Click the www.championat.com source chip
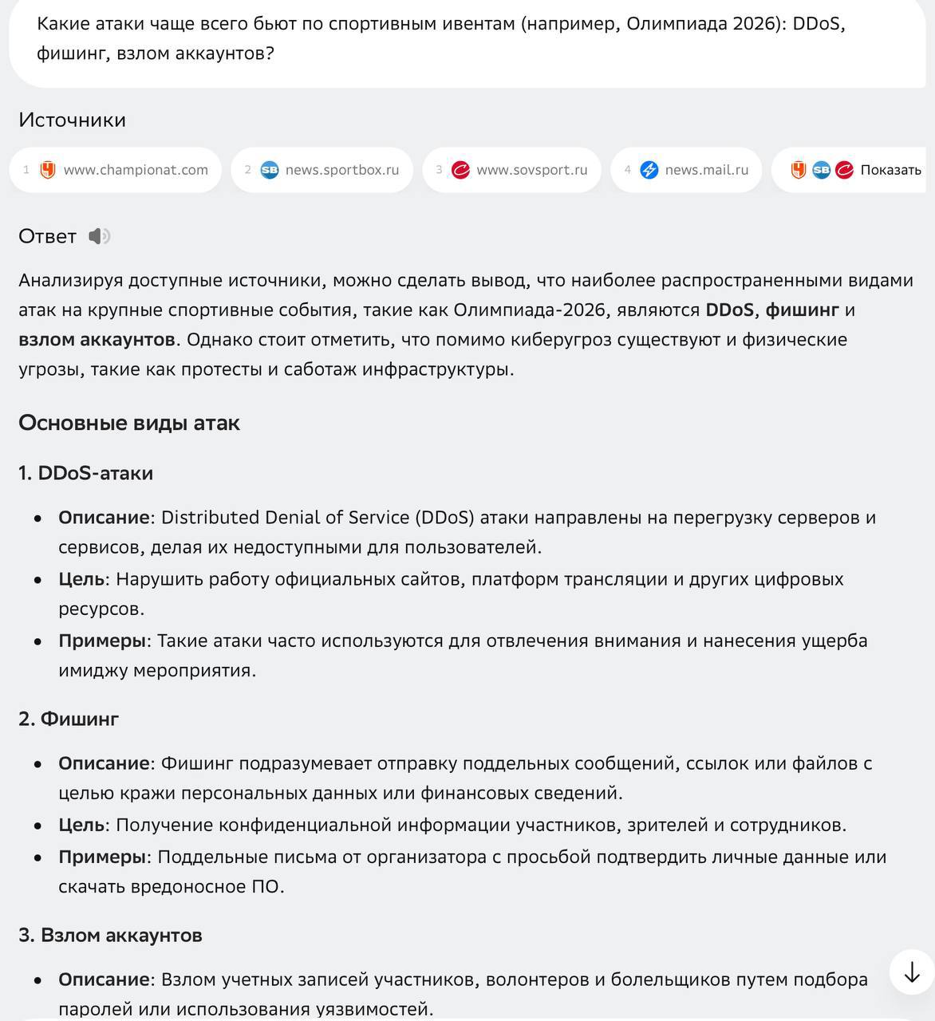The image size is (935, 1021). tap(116, 170)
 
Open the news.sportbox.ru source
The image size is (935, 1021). tap(322, 170)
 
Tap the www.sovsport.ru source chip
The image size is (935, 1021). tap(511, 170)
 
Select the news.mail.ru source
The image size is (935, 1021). tap(686, 170)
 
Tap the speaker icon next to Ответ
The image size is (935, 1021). tap(99, 236)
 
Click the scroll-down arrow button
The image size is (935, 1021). tap(911, 972)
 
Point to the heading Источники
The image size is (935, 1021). tap(72, 120)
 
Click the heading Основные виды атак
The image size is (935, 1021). tap(128, 423)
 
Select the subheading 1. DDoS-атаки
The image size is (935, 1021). tap(85, 473)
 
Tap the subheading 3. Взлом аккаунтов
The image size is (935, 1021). tap(110, 935)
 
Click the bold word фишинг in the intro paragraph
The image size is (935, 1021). tap(802, 309)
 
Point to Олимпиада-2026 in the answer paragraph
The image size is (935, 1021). tap(518, 309)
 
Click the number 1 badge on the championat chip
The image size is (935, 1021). tap(26, 170)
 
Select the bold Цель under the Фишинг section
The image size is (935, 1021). tap(81, 825)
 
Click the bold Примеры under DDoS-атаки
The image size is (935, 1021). tap(102, 641)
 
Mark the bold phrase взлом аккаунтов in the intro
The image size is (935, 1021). tap(97, 340)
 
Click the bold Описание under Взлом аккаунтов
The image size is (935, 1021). tap(104, 980)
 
